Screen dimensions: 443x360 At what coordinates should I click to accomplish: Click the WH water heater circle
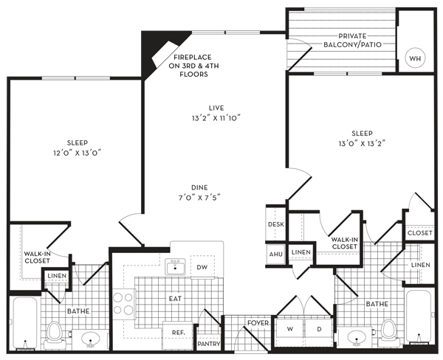415,58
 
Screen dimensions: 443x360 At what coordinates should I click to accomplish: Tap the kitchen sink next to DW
175,266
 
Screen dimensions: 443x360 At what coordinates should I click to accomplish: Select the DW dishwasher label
202,267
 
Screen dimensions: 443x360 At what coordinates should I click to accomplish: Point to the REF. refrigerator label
178,333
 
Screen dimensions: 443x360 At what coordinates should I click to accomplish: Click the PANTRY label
209,344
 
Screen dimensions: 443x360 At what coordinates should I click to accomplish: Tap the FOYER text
258,322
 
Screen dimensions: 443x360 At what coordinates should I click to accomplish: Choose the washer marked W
290,329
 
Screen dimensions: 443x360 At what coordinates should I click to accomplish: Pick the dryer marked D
319,329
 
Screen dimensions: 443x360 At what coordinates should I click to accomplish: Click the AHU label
275,254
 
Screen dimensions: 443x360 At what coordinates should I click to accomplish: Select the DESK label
276,224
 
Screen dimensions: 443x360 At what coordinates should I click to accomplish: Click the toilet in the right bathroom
388,332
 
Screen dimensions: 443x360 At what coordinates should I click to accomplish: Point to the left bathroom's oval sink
90,339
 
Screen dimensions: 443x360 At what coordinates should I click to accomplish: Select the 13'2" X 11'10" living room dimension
216,118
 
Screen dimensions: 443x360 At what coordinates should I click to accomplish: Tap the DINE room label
199,187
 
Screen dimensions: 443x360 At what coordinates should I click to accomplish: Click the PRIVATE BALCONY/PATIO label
352,41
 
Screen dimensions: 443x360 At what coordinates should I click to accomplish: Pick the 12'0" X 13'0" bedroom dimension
78,153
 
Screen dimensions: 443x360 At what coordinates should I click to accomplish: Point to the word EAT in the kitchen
175,299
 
